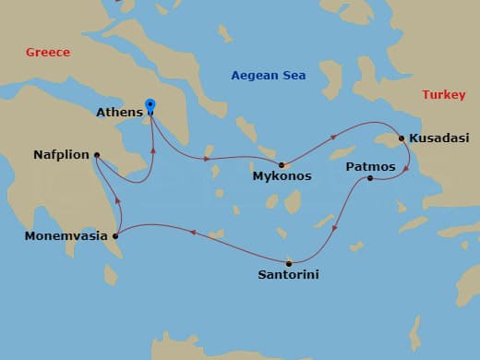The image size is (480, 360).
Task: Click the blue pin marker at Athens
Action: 150,107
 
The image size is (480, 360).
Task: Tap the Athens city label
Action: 119,114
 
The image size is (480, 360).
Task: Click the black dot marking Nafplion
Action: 97,155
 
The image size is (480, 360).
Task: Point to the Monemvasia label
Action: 66,236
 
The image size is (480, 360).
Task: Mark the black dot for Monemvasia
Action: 115,236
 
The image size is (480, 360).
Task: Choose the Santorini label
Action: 290,274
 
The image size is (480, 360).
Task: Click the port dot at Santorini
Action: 289,261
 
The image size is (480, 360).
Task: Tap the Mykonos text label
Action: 282,175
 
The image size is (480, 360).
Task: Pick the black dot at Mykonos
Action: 282,164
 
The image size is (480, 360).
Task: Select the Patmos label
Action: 370,166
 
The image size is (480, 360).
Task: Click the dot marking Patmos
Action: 370,177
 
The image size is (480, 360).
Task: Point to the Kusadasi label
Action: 438,138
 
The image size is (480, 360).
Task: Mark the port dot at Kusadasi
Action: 402,138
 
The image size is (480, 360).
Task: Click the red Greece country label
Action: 48,53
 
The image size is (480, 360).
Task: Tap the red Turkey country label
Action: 443,95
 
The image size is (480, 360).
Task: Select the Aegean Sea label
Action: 267,75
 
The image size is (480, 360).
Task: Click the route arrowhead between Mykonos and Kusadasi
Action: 333,137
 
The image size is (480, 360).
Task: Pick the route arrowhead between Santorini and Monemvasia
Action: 192,233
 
